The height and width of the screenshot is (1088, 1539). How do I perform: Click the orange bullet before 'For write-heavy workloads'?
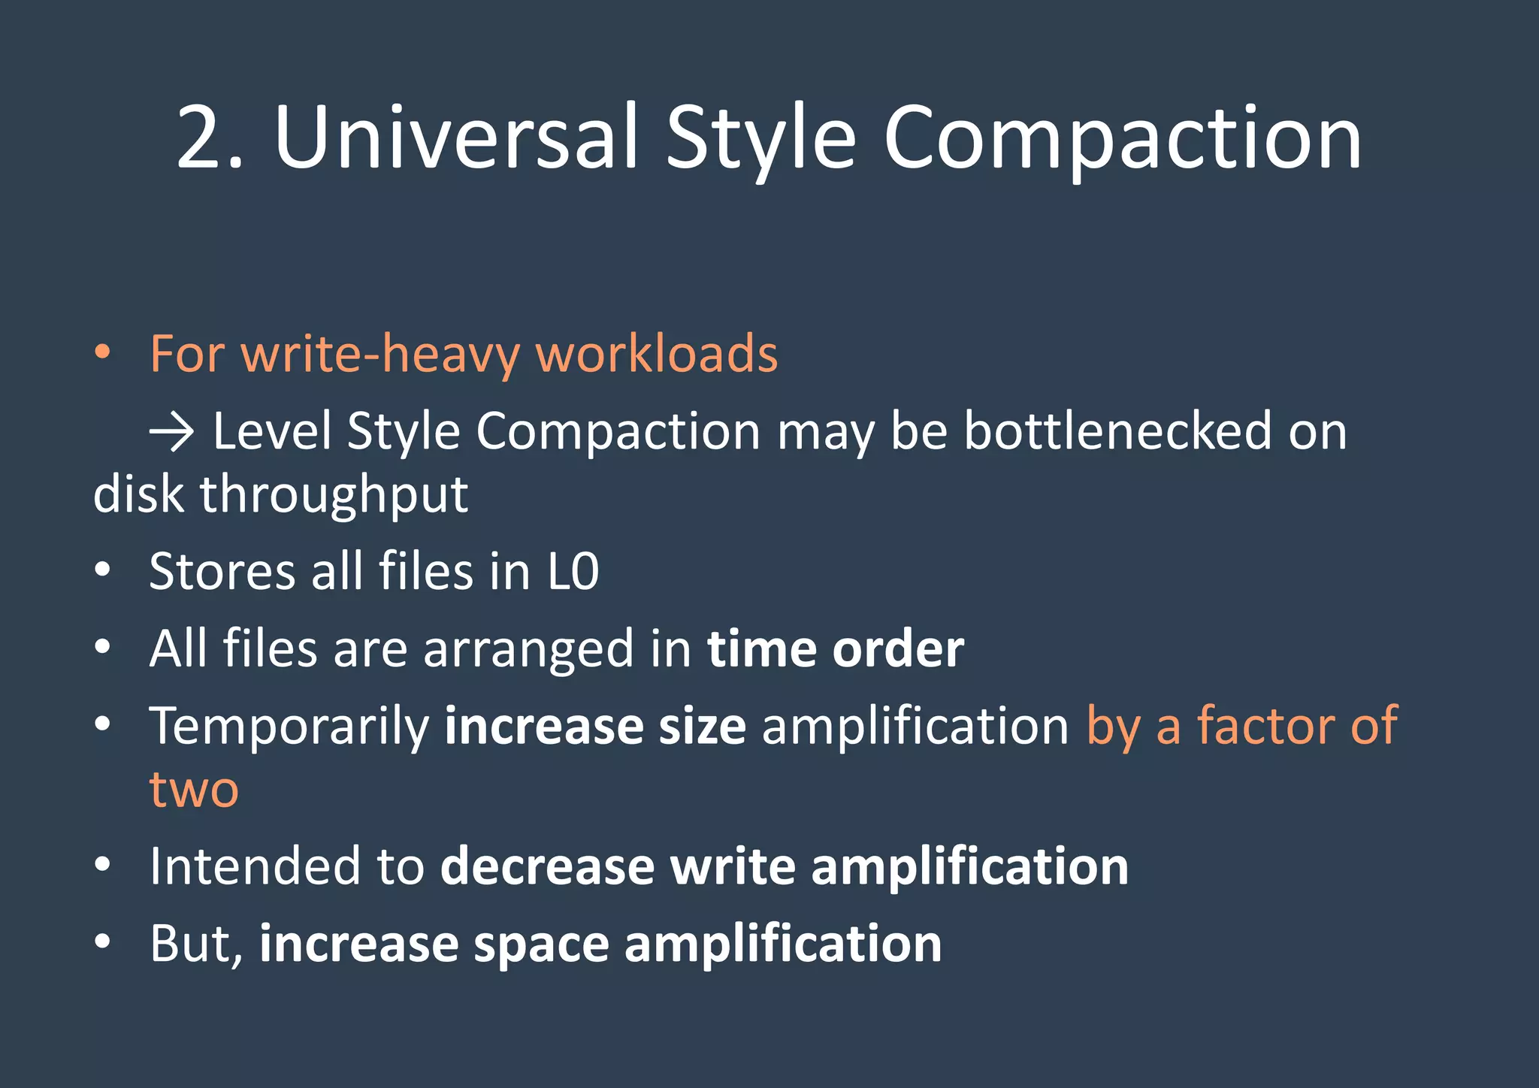tap(103, 352)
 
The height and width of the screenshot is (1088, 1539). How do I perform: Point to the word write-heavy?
tap(379, 353)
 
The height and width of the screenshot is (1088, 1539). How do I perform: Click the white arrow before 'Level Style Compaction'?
tap(172, 433)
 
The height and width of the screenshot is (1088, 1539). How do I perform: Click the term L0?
tap(573, 572)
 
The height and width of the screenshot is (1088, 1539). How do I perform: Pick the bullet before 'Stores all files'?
tap(103, 570)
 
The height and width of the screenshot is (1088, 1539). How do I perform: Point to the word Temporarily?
tap(289, 727)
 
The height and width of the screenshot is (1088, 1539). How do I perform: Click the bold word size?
tap(702, 726)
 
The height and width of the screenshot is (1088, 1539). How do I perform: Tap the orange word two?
tap(194, 790)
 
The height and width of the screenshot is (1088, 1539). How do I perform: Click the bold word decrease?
tap(547, 866)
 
